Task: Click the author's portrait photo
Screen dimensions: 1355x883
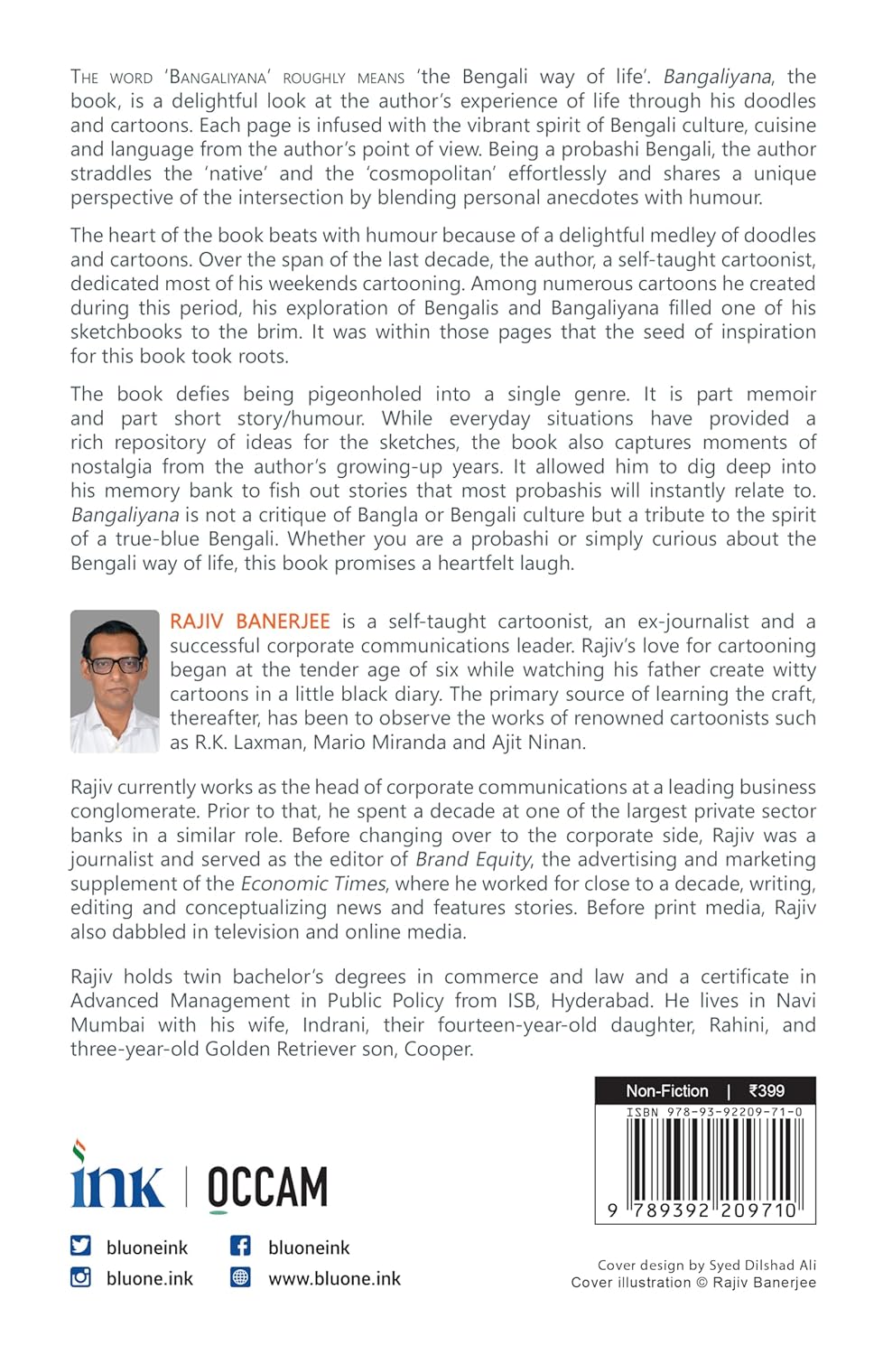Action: (115, 681)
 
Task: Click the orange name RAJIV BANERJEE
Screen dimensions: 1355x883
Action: (250, 621)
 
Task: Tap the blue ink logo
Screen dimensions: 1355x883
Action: (117, 1178)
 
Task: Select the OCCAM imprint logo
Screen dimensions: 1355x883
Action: (267, 1188)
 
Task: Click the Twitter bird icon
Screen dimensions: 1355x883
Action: (81, 1246)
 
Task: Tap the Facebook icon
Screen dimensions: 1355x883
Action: (240, 1246)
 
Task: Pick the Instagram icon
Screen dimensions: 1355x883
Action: (81, 1277)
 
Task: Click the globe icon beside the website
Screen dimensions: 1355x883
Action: (240, 1277)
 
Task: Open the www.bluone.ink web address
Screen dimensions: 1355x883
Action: (334, 1278)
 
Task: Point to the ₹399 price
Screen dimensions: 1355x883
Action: (767, 1090)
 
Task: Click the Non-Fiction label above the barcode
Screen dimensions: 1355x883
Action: (667, 1090)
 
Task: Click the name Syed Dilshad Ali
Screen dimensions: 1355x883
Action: (763, 1265)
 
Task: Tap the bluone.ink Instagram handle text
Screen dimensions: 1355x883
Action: (150, 1278)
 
